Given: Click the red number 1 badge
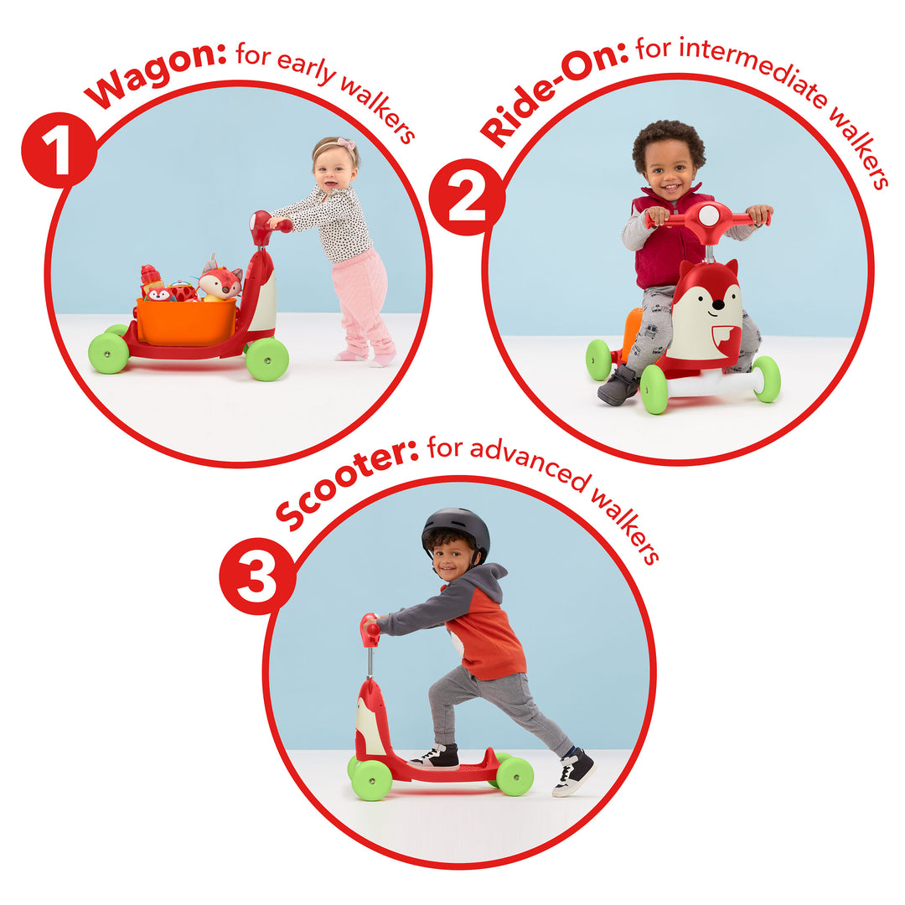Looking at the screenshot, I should pos(59,150).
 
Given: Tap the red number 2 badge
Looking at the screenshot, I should pos(467,197).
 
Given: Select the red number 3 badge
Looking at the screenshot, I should pos(257,576).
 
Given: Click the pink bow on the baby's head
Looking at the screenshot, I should pos(344,144).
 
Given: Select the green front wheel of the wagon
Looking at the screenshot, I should pos(267,359).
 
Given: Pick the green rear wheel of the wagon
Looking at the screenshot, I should pos(109,353).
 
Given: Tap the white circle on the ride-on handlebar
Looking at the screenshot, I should pos(708,215).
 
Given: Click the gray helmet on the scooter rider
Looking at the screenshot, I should pos(456,529).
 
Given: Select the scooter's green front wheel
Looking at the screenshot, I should pos(371,779).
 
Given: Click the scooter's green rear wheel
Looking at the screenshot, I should pos(515,776).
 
